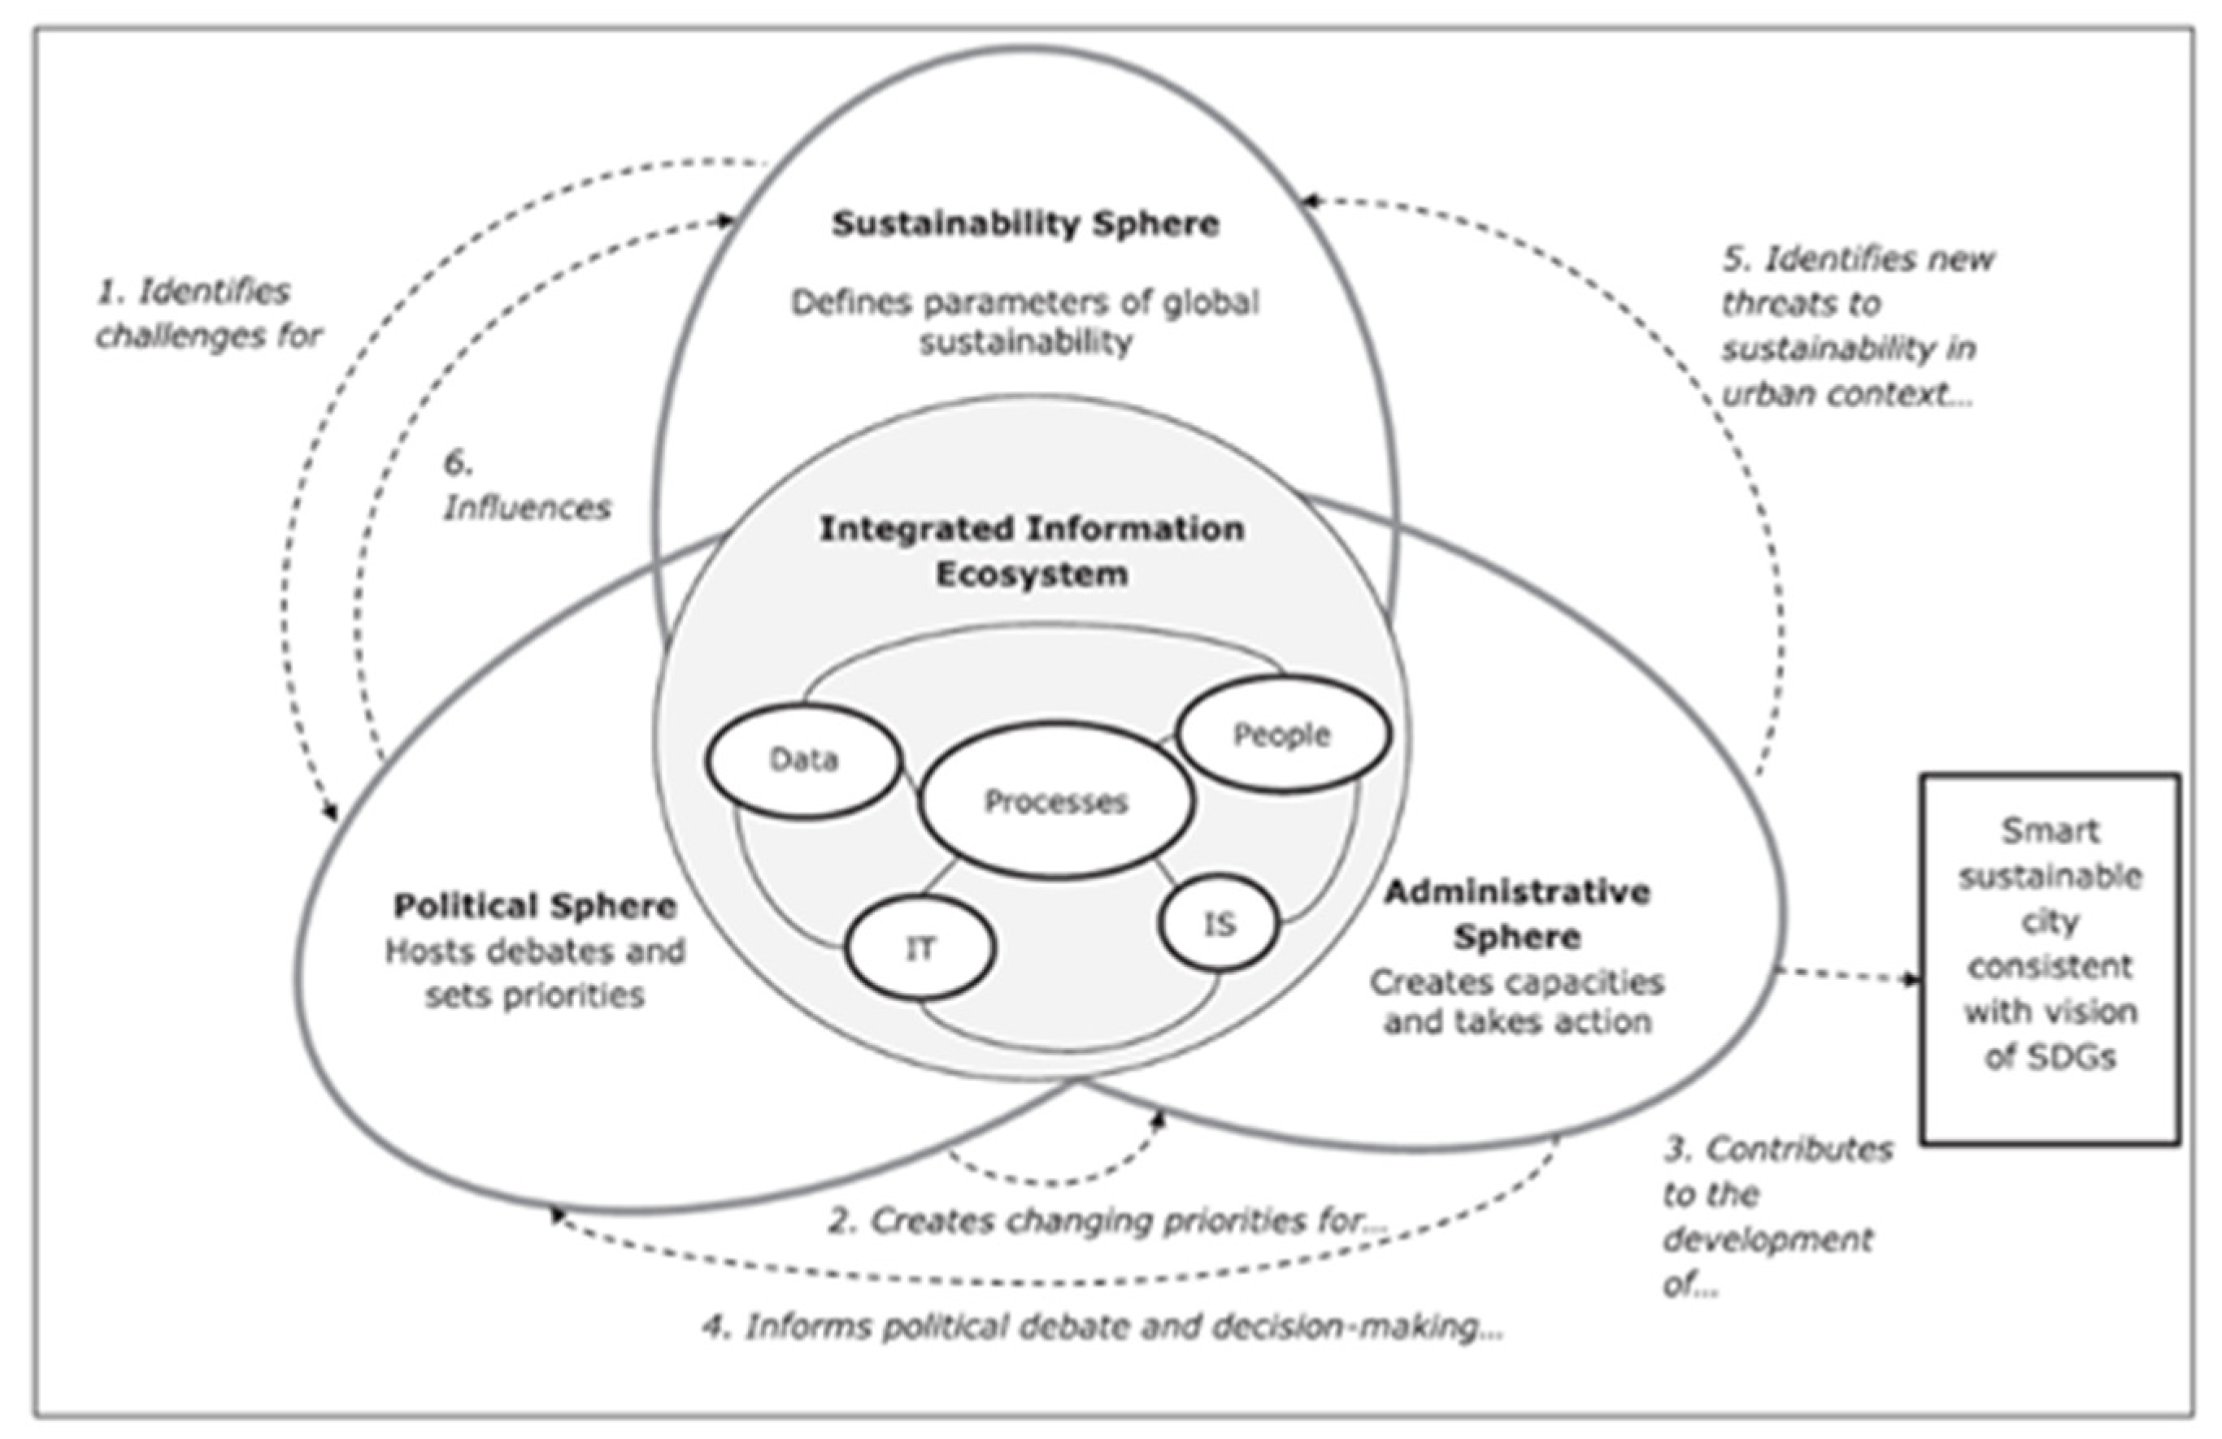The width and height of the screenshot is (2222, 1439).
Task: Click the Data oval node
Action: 804,761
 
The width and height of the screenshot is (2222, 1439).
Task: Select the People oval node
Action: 1282,735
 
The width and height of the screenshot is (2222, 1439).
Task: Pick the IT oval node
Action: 920,948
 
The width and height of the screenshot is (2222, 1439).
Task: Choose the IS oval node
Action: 1220,924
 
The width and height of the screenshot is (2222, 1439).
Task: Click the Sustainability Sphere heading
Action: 1025,224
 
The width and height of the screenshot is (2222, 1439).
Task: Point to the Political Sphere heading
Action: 535,906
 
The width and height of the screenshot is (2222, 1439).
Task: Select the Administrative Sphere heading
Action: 1516,915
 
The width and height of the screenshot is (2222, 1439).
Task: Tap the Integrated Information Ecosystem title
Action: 1032,551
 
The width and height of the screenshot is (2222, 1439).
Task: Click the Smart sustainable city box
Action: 2050,957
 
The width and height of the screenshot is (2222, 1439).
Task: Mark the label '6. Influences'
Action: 526,486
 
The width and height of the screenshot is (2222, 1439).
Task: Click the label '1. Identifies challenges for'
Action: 207,314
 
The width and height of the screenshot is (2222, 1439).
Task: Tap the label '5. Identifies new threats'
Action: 1853,326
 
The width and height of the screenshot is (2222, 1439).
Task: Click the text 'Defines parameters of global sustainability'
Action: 1025,322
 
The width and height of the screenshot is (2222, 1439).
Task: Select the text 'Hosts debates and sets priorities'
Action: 535,973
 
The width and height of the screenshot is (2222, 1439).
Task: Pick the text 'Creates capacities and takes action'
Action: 1516,1001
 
